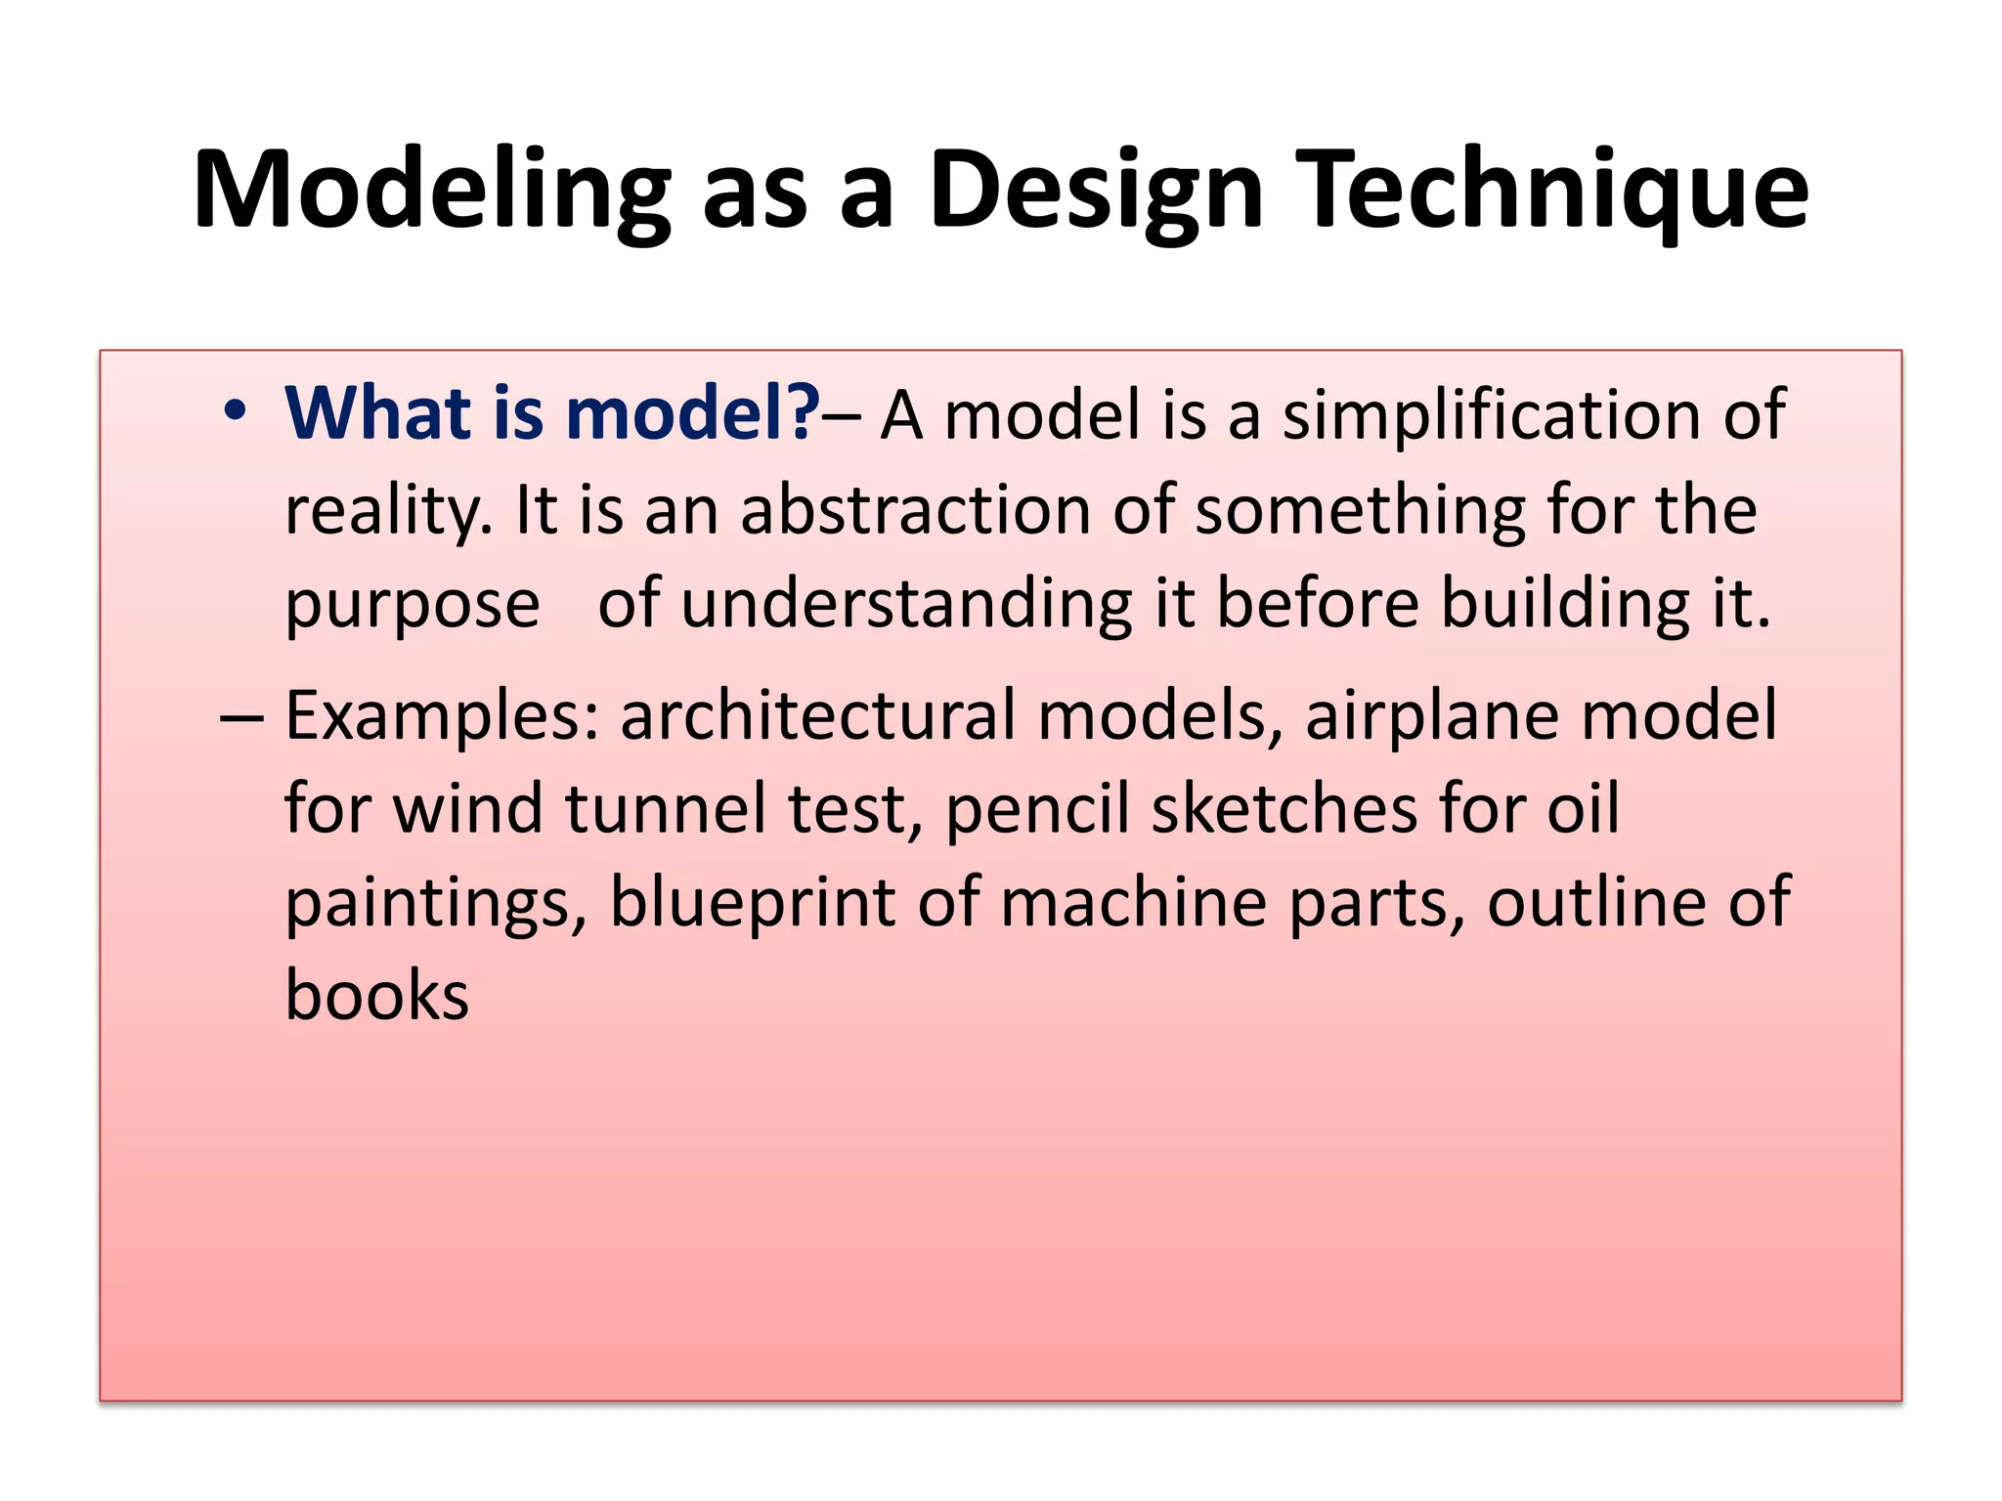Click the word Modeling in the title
[x=431, y=191]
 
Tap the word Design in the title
[x=1096, y=191]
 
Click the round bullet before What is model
[x=235, y=411]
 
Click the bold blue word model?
[x=693, y=413]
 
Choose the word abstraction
[x=915, y=509]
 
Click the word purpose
[x=412, y=605]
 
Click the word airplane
[x=1432, y=716]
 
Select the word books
[x=376, y=996]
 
